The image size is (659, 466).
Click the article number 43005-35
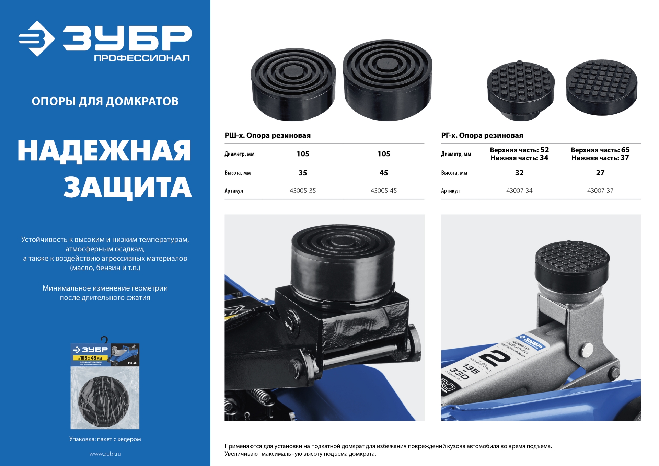click(x=302, y=191)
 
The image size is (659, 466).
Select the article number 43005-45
click(x=383, y=191)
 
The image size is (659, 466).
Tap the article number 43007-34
click(x=519, y=191)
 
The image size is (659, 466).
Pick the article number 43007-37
click(x=600, y=191)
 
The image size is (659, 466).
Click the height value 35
click(x=302, y=173)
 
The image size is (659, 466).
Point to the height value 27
click(x=600, y=173)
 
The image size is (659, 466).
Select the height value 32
click(x=519, y=173)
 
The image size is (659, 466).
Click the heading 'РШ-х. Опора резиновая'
click(x=267, y=136)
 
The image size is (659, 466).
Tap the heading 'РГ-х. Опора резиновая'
click(x=482, y=136)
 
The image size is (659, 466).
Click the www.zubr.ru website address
click(x=105, y=454)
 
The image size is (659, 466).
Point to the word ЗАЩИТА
click(x=128, y=187)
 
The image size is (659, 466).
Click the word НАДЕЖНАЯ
click(x=104, y=151)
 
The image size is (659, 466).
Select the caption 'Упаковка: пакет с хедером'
click(x=105, y=439)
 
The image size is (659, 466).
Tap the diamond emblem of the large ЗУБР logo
click(x=36, y=39)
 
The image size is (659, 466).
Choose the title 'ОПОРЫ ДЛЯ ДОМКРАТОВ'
click(x=105, y=101)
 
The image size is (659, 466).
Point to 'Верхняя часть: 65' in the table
click(x=600, y=150)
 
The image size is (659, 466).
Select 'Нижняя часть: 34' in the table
click(x=519, y=158)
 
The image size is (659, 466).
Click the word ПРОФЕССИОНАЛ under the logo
click(x=142, y=58)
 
